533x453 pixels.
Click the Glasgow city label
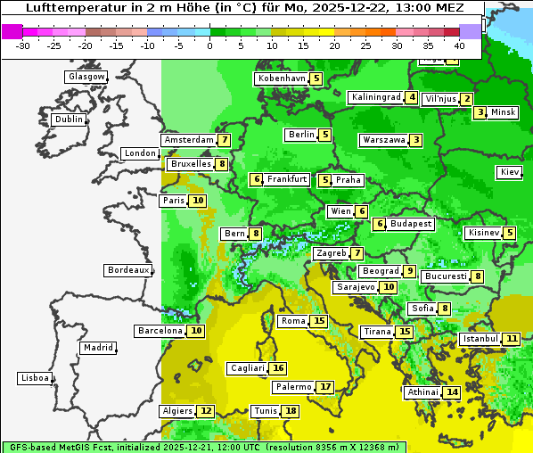(86, 77)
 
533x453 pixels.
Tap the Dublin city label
(69, 119)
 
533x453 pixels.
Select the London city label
(140, 153)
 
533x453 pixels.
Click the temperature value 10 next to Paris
(198, 201)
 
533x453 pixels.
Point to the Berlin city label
(300, 135)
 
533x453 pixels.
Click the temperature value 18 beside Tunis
(291, 411)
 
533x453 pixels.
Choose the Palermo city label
(293, 387)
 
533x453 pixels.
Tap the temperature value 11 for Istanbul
(512, 339)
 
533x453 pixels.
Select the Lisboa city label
(35, 378)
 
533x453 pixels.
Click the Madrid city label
(98, 348)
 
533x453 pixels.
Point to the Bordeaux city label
(127, 269)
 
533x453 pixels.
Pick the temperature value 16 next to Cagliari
(279, 368)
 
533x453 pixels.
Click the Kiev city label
(510, 171)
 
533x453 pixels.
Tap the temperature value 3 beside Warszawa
(416, 140)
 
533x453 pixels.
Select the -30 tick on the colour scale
(23, 45)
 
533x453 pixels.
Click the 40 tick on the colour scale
(459, 45)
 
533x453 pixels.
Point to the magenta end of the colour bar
(12, 30)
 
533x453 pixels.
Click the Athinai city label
(422, 392)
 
